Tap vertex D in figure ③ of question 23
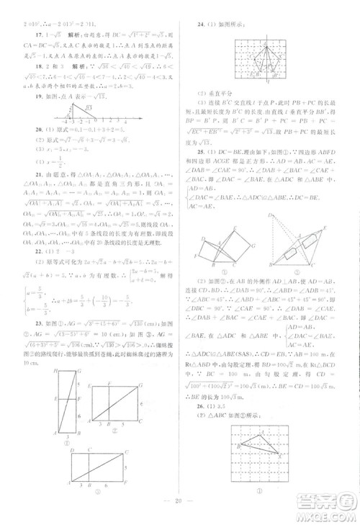[72, 448]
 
